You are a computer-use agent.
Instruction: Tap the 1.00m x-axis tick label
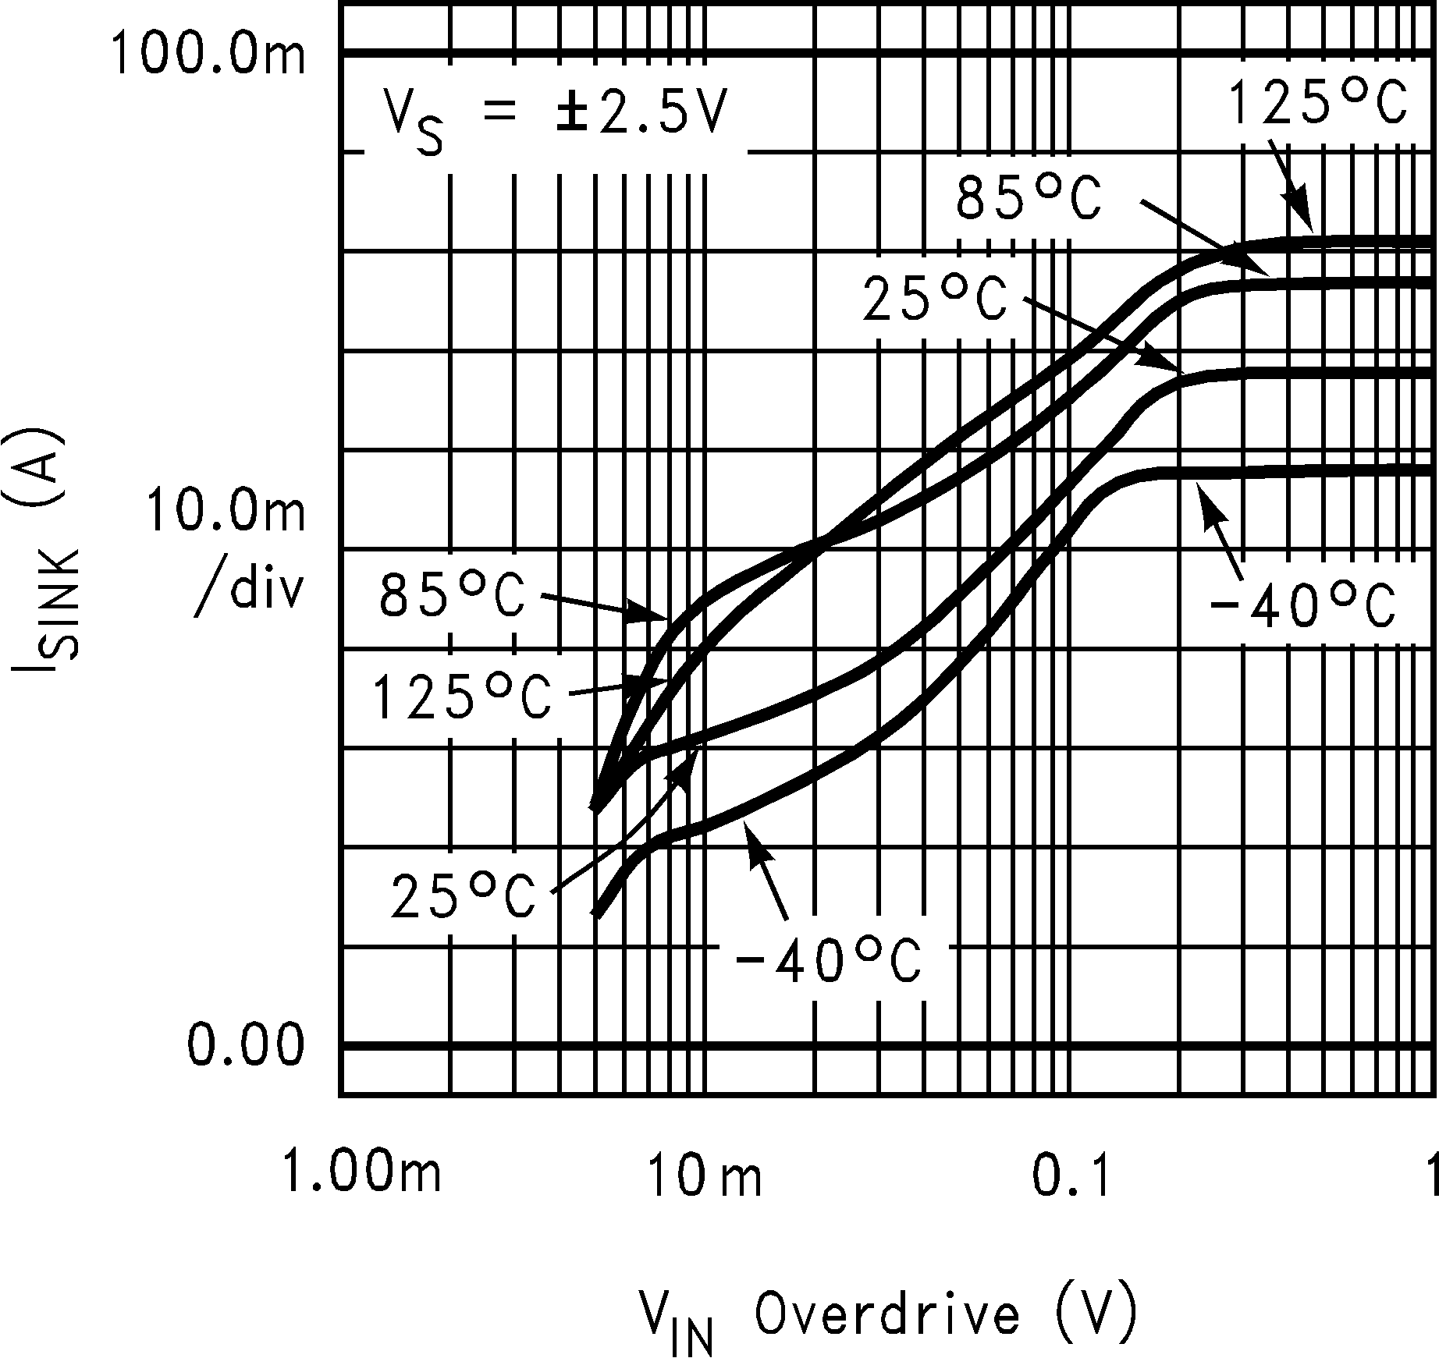tap(361, 1173)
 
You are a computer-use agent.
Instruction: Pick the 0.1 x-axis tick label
tap(1071, 1175)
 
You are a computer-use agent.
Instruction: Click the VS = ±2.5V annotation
tap(553, 118)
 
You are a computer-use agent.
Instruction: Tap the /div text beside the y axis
tap(248, 590)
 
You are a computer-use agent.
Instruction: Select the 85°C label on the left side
tap(453, 597)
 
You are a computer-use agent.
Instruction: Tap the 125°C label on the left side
tap(462, 696)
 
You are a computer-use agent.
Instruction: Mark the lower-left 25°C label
tap(464, 896)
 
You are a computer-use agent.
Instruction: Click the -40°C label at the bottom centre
tap(828, 961)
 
